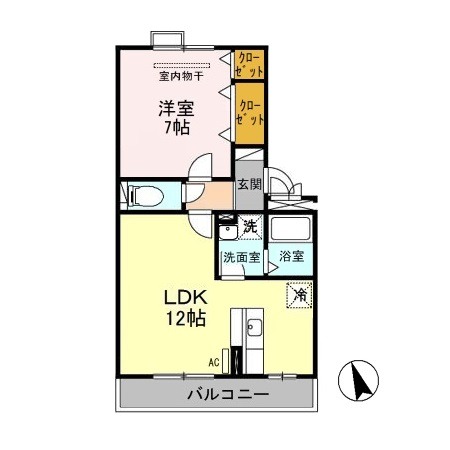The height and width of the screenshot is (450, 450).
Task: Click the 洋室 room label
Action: click(x=175, y=107)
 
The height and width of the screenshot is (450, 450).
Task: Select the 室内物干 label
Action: click(x=180, y=74)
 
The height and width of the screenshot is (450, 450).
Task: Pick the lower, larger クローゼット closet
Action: click(x=249, y=112)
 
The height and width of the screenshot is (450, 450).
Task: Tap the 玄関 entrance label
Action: click(x=249, y=184)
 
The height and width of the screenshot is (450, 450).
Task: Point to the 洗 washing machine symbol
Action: click(x=251, y=227)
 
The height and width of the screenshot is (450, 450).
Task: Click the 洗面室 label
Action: click(x=241, y=257)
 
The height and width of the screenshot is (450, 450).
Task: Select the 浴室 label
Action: click(x=293, y=257)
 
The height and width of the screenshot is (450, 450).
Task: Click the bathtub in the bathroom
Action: click(x=293, y=229)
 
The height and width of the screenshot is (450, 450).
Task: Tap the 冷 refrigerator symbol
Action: click(x=299, y=295)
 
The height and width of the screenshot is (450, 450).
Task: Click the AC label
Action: click(x=213, y=362)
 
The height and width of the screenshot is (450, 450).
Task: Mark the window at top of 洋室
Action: click(x=167, y=40)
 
